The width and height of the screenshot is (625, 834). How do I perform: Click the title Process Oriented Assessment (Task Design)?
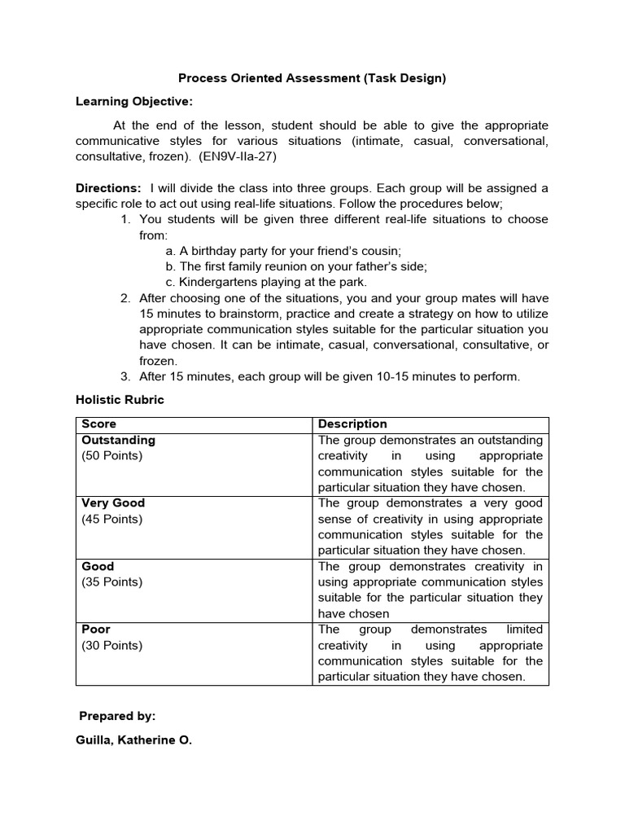[x=312, y=79]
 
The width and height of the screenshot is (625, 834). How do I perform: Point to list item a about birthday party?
[x=283, y=251]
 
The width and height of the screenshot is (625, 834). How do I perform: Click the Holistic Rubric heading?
[x=120, y=400]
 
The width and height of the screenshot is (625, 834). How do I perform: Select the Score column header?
[x=98, y=424]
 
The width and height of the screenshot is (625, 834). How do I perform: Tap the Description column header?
[x=352, y=424]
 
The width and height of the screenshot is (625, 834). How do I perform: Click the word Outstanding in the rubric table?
[x=118, y=440]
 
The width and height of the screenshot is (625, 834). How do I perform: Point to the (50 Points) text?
[x=111, y=456]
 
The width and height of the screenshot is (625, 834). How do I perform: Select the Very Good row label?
[x=113, y=503]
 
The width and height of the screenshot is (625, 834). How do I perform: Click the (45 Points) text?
[x=111, y=519]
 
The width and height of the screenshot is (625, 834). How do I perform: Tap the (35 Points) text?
[x=111, y=582]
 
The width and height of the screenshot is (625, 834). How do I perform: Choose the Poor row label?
[x=96, y=630]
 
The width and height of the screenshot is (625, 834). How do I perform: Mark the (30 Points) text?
[x=111, y=646]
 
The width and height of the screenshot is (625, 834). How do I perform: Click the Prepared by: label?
[x=117, y=716]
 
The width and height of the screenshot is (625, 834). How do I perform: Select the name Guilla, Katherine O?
[x=133, y=742]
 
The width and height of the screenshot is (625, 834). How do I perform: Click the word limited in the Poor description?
[x=524, y=630]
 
